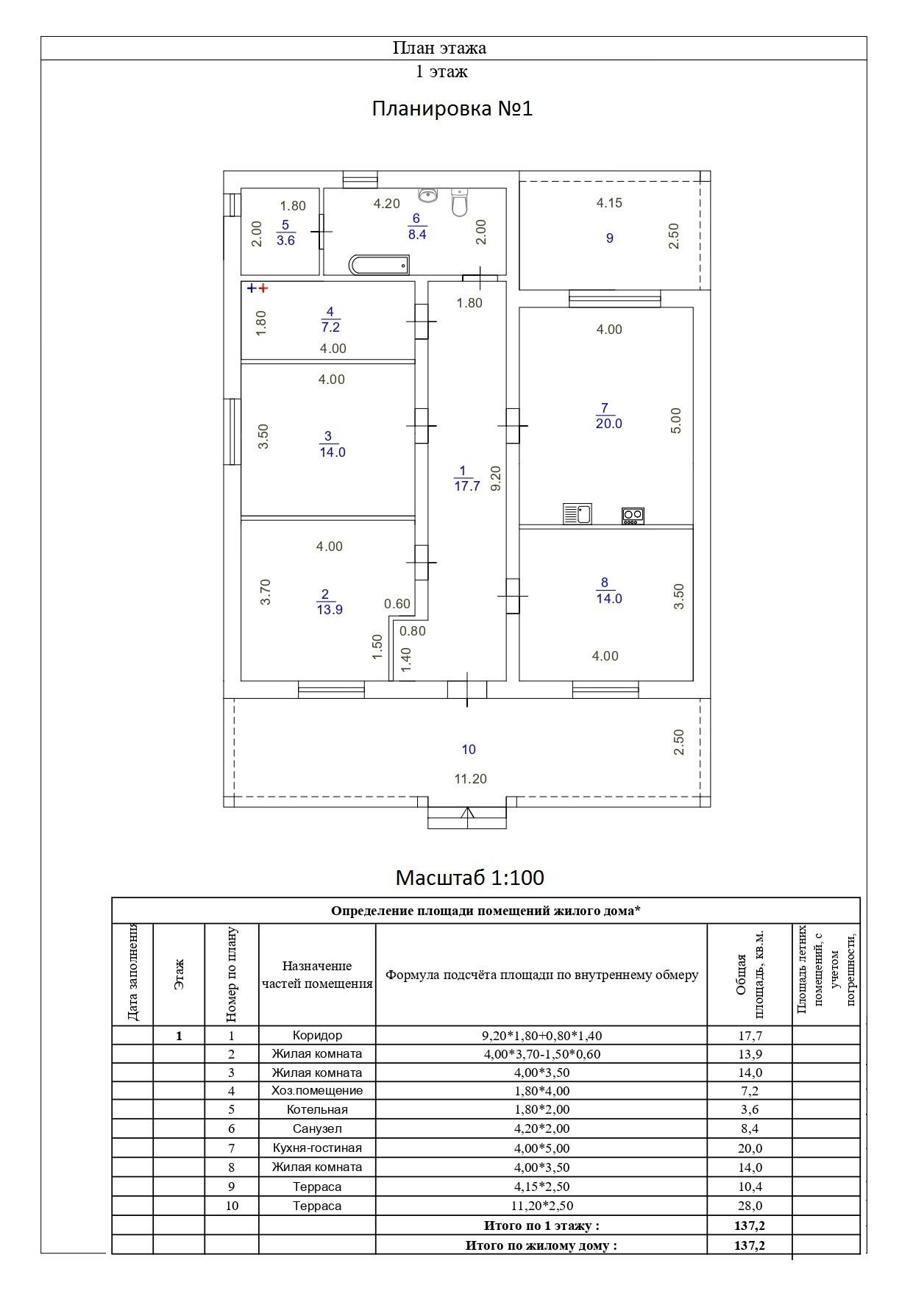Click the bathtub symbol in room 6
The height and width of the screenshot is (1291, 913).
379,265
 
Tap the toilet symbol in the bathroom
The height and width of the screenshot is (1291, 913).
459,202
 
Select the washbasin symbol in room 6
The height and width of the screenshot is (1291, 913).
427,194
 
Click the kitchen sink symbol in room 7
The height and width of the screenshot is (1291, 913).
578,513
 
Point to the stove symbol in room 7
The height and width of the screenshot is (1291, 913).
633,516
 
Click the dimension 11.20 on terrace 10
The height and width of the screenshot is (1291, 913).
470,779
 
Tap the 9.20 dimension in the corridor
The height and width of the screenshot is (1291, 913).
496,478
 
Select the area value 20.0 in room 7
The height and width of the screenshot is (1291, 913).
609,424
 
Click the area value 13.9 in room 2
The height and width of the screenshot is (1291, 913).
330,610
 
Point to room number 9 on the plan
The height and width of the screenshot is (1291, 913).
609,238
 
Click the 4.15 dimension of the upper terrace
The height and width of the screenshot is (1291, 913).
609,203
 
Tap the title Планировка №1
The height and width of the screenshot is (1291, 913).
452,109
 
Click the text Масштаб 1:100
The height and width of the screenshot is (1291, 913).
469,878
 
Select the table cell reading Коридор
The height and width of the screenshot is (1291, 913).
317,1036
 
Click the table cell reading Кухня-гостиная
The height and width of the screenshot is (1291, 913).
317,1148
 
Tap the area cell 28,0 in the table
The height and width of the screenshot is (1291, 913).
750,1206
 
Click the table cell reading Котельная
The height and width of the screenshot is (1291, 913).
317,1109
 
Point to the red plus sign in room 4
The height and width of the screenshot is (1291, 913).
263,289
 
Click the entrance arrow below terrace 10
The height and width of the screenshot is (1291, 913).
467,814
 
